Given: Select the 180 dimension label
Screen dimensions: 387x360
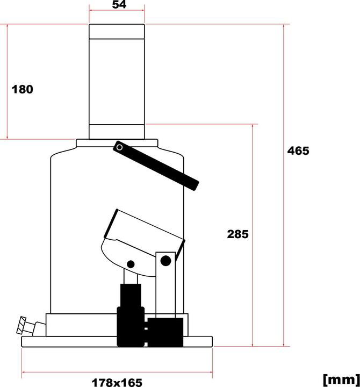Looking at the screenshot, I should click(23, 89).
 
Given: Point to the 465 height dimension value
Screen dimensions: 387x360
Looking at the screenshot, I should click(298, 150).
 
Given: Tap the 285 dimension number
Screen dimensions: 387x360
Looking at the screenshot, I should click(237, 234).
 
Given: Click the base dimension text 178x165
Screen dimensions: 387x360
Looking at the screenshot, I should click(117, 382).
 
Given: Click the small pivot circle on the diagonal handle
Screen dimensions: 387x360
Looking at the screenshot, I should click(119, 146).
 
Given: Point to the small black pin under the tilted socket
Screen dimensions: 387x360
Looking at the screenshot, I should click(131, 264).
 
